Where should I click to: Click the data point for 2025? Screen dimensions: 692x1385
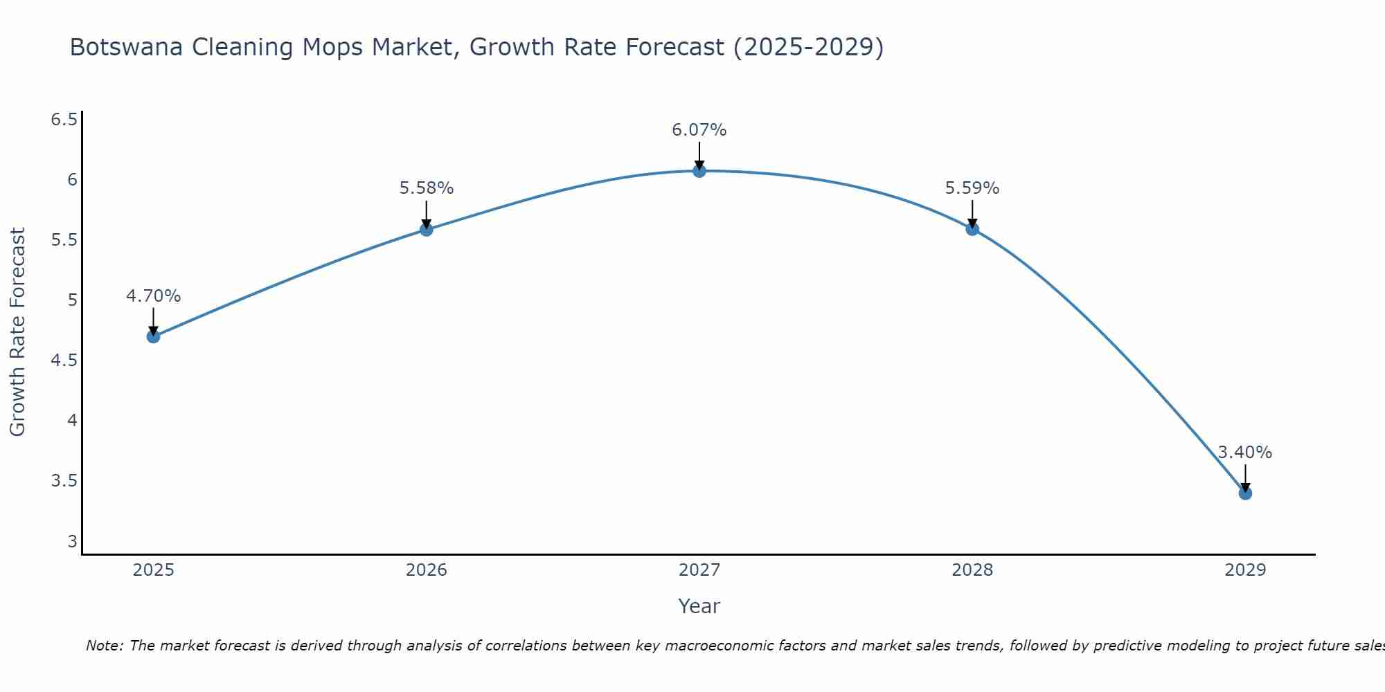click(154, 337)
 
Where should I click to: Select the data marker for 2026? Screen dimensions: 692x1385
click(427, 230)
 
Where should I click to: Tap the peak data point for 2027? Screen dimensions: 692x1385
click(699, 171)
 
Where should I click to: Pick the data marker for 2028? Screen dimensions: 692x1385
click(972, 229)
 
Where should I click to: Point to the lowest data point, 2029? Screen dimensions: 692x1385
click(1245, 493)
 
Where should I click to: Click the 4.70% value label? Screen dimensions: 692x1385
click(154, 296)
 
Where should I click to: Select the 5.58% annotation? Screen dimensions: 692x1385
click(427, 188)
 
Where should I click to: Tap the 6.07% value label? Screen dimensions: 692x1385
click(699, 130)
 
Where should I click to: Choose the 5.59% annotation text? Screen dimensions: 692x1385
click(972, 188)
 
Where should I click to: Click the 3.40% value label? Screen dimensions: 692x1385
click(1245, 453)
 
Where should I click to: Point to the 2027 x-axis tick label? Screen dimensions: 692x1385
click(699, 570)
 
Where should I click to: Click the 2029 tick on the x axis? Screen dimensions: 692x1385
click(1245, 570)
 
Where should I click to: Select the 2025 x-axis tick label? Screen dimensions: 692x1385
click(154, 570)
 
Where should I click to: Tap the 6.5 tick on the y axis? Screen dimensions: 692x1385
click(64, 120)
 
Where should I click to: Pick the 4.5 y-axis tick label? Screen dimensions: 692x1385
click(64, 361)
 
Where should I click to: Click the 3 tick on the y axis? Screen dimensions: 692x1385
click(72, 541)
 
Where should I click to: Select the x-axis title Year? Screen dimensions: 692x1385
click(699, 606)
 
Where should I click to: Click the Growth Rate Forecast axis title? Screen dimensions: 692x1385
click(18, 332)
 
